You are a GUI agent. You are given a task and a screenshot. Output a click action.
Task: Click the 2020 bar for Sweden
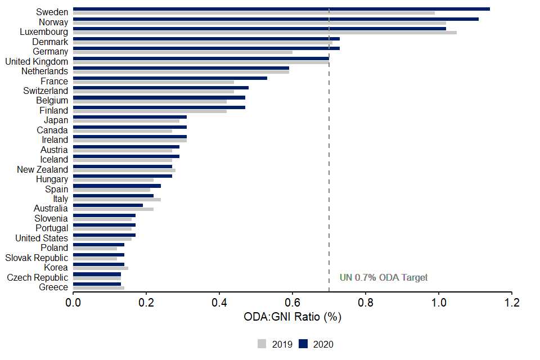pyautogui.click(x=281, y=9)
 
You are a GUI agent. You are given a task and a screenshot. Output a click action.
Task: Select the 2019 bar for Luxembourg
pyautogui.click(x=264, y=33)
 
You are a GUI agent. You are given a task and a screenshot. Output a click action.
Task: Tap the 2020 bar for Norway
pyautogui.click(x=276, y=19)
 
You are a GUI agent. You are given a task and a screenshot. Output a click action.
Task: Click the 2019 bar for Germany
pyautogui.click(x=183, y=52)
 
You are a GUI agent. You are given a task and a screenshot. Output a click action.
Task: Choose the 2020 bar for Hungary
pyautogui.click(x=112, y=176)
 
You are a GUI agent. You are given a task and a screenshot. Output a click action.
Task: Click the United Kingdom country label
pyautogui.click(x=37, y=61)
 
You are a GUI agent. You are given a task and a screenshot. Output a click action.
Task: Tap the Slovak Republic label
pyautogui.click(x=37, y=258)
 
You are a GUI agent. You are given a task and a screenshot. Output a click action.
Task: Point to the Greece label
pyautogui.click(x=53, y=287)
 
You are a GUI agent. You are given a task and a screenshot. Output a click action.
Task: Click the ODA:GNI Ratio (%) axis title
pyautogui.click(x=292, y=317)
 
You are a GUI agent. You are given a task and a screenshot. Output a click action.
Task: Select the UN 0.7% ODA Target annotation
pyautogui.click(x=384, y=277)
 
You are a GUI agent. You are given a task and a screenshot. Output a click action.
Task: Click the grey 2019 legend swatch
pyautogui.click(x=262, y=344)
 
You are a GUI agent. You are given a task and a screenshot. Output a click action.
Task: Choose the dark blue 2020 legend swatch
pyautogui.click(x=303, y=344)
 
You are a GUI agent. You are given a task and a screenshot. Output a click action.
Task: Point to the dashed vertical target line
pyautogui.click(x=329, y=169)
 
